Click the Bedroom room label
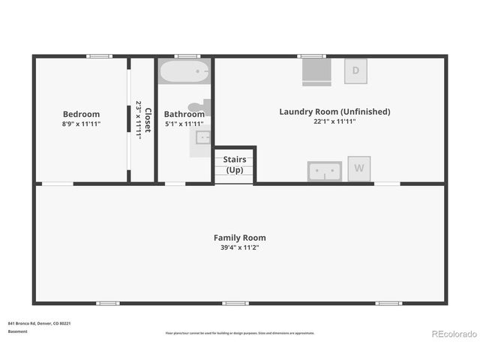pyautogui.click(x=81, y=114)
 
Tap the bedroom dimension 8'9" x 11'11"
pyautogui.click(x=81, y=124)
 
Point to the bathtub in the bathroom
pyautogui.click(x=184, y=73)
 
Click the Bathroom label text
pyautogui.click(x=184, y=114)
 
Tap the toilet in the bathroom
pyautogui.click(x=201, y=108)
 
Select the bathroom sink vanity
pyautogui.click(x=201, y=138)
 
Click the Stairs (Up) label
pyautogui.click(x=235, y=164)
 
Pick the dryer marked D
pyautogui.click(x=356, y=70)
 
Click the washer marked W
pyautogui.click(x=359, y=169)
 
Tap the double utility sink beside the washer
pyautogui.click(x=325, y=171)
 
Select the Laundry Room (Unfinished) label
pyautogui.click(x=334, y=112)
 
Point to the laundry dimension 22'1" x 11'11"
pyautogui.click(x=334, y=121)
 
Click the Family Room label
pyautogui.click(x=239, y=238)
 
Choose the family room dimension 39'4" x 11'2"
pyautogui.click(x=239, y=247)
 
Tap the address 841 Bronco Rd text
pyautogui.click(x=39, y=323)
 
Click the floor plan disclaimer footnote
pyautogui.click(x=239, y=333)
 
